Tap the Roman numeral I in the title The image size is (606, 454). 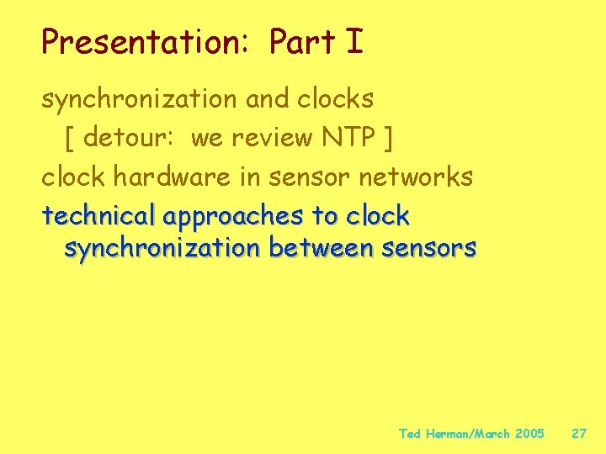coord(353,42)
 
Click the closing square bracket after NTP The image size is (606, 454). coord(386,138)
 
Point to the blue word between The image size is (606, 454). coord(321,249)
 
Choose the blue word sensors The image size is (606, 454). coord(429,249)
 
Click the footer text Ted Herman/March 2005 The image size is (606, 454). coord(471,434)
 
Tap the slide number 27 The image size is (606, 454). coord(579,434)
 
